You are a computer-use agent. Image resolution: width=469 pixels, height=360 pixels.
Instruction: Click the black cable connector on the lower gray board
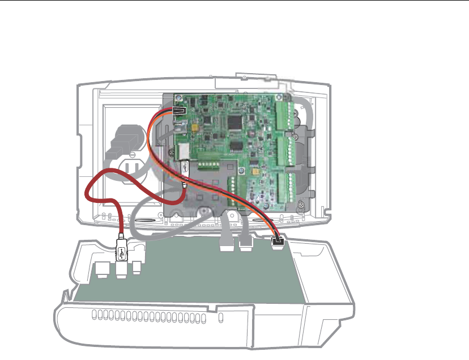click(x=278, y=242)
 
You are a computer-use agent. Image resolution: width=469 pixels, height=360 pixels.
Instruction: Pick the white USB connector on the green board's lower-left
click(x=185, y=168)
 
